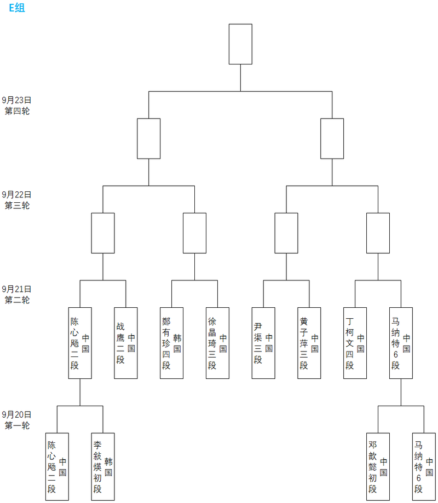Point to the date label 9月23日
(16, 100)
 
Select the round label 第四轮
(17, 111)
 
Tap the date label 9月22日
(16, 195)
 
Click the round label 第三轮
(17, 206)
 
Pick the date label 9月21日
(16, 289)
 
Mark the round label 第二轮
(17, 300)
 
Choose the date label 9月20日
(16, 414)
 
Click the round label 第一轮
(17, 425)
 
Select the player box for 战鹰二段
(125, 343)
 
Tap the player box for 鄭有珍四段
(171, 343)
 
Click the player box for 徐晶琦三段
(217, 343)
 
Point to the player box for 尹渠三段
(263, 343)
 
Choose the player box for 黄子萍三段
(309, 343)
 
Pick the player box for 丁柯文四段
(355, 343)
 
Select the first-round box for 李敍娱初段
(102, 466)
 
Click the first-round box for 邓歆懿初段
(378, 466)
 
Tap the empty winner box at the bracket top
(240, 44)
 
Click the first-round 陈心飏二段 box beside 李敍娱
(57, 466)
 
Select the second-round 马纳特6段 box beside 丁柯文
(401, 343)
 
